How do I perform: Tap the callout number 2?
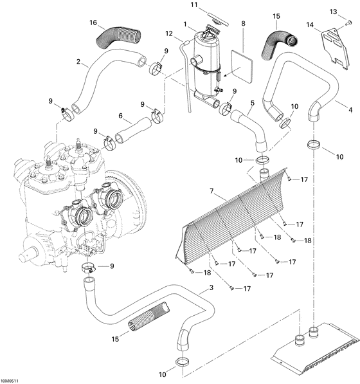(78, 62)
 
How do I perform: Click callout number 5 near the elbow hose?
(253, 102)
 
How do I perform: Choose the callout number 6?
(120, 116)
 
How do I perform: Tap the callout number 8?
(243, 24)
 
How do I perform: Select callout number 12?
(170, 33)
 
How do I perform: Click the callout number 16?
(93, 23)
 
